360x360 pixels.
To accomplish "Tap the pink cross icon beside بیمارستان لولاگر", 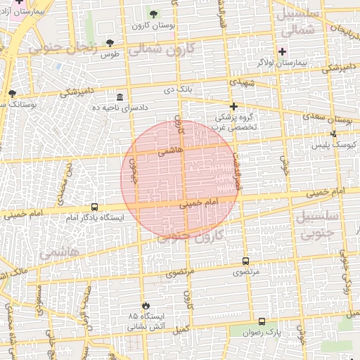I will tap(283, 51).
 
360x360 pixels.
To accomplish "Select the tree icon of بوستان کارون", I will tap(154, 14).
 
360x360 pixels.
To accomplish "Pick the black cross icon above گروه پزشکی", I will tap(233, 106).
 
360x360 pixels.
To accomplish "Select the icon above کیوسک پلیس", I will tap(333, 134).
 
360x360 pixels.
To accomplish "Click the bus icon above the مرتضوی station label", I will tap(245, 260).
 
